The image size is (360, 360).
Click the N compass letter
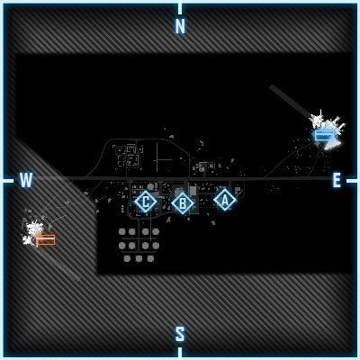(180, 26)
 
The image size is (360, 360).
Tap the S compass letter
(180, 334)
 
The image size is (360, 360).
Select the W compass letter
(26, 180)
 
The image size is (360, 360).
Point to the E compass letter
(337, 180)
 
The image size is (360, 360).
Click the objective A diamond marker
(224, 200)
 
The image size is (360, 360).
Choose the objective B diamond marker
(183, 203)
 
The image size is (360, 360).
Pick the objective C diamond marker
(145, 202)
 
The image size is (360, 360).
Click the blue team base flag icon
(324, 135)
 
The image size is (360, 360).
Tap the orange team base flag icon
(45, 239)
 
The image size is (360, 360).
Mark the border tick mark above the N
(180, 9)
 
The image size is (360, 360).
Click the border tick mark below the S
(180, 351)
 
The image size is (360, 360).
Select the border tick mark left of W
(9, 181)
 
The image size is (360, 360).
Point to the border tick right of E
(351, 181)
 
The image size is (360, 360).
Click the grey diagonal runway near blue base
(291, 101)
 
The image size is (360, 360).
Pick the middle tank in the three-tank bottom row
(139, 258)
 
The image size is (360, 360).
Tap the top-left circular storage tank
(121, 231)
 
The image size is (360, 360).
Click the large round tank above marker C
(151, 187)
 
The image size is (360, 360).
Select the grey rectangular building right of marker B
(193, 191)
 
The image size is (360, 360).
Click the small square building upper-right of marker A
(238, 190)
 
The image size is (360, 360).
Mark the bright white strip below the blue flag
(331, 145)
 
